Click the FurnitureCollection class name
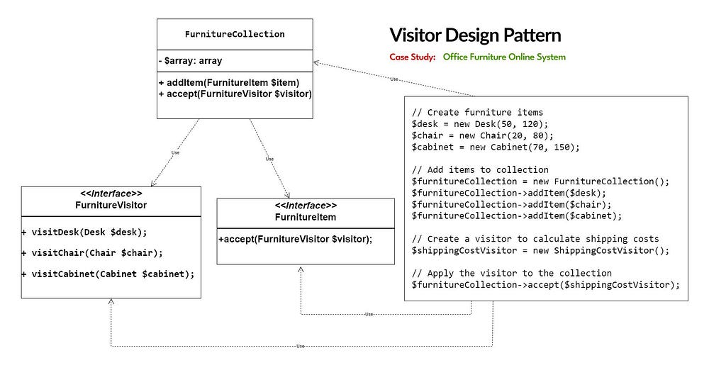235,34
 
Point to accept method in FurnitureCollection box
235,94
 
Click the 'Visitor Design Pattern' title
475,35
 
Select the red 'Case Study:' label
412,57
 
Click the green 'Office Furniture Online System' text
504,57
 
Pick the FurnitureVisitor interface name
111,204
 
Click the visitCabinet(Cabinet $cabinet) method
108,273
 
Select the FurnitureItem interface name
305,217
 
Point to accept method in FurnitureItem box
296,239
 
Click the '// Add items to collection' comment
480,169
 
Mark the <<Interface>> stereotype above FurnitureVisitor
111,194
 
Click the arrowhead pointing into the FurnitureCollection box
316,63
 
